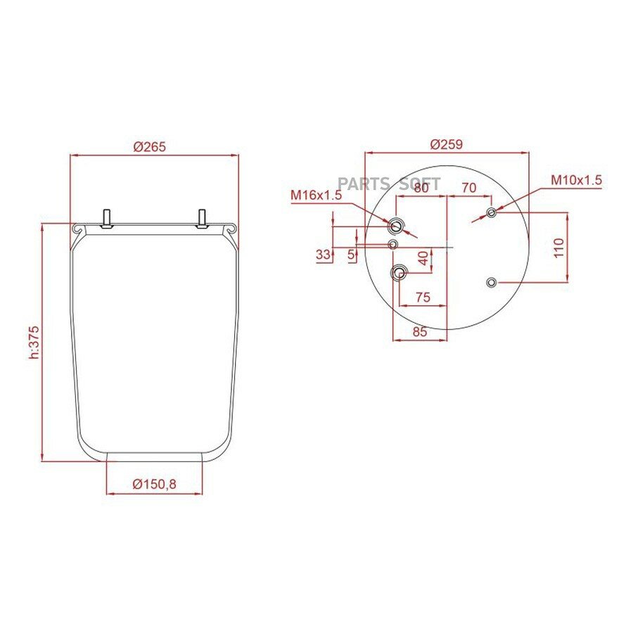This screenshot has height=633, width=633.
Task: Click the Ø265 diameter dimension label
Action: click(149, 146)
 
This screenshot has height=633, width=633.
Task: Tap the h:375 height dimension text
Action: click(34, 343)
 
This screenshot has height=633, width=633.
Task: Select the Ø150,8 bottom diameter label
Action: click(154, 484)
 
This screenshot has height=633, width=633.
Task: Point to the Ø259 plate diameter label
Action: click(446, 144)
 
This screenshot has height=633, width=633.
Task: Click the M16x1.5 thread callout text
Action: click(316, 195)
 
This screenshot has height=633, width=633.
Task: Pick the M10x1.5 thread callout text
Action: click(577, 180)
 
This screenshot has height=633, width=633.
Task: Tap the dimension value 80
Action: click(421, 188)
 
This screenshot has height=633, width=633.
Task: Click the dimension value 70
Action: click(468, 188)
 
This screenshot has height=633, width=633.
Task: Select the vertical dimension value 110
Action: click(558, 248)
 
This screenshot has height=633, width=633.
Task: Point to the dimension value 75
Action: click(423, 297)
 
